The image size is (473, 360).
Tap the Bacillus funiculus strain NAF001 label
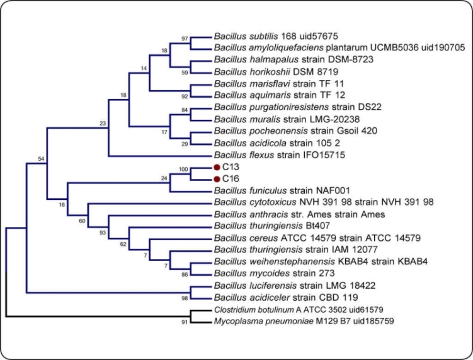(282, 190)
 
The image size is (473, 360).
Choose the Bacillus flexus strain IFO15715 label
(278, 154)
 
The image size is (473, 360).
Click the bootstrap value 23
(103, 123)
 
